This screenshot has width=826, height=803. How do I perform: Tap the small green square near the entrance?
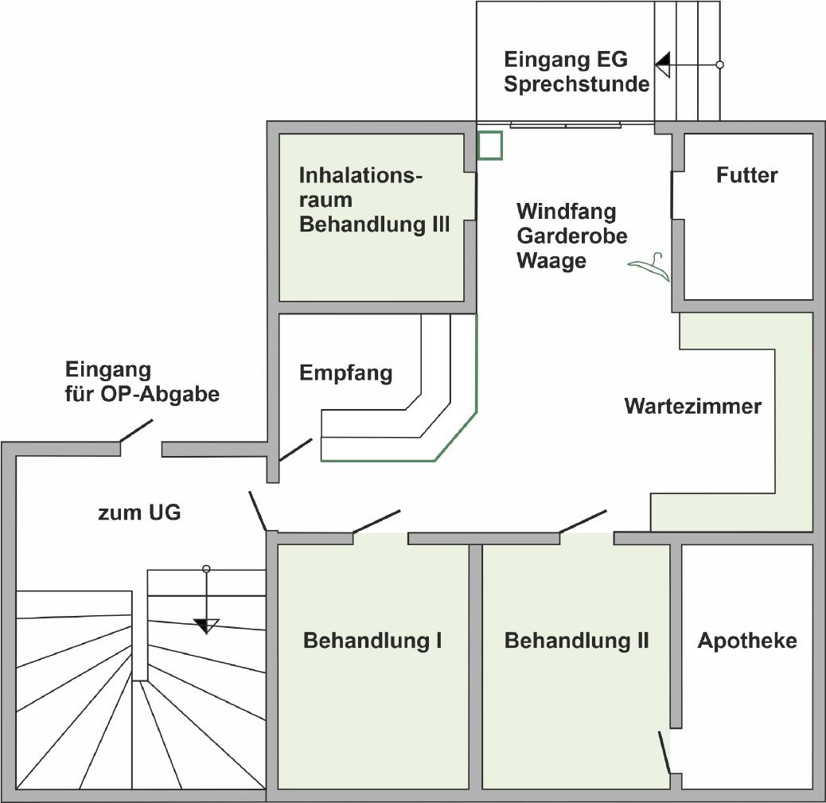click(x=489, y=145)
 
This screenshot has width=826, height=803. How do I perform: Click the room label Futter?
click(x=746, y=175)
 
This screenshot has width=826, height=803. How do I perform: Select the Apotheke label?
click(x=746, y=641)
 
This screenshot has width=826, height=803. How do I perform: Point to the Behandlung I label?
click(x=372, y=641)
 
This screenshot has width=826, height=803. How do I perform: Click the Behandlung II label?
click(x=577, y=641)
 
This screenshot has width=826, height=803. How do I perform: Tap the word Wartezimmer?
click(x=692, y=407)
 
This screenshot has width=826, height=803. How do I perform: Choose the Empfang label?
click(x=345, y=373)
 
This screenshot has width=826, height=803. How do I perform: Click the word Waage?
click(x=551, y=260)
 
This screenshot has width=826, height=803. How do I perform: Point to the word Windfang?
click(x=566, y=212)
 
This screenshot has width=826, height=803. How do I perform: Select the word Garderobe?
click(x=571, y=236)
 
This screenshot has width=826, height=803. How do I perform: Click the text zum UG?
click(x=139, y=513)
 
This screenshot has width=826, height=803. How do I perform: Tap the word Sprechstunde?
click(x=577, y=84)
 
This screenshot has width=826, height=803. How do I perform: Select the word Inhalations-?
click(x=360, y=176)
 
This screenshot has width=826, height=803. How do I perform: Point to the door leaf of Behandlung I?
click(x=376, y=522)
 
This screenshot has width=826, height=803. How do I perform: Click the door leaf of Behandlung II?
click(x=582, y=522)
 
